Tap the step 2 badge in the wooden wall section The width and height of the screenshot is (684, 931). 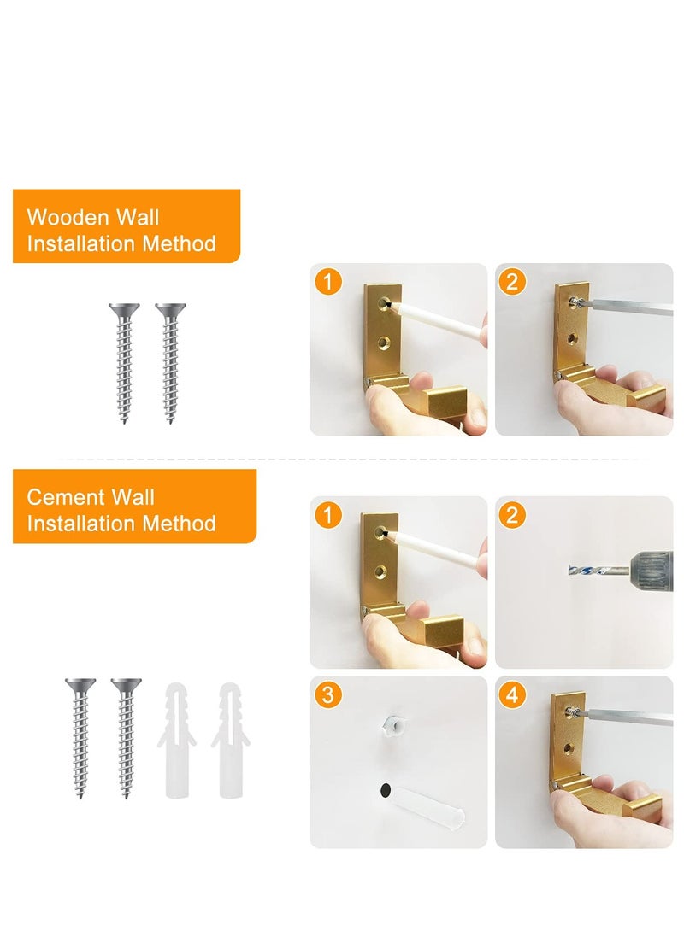[x=511, y=282]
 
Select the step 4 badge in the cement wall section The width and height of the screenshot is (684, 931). [x=511, y=695]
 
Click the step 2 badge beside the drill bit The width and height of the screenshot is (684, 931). [x=511, y=515]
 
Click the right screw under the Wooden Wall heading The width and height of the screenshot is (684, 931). [x=170, y=363]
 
